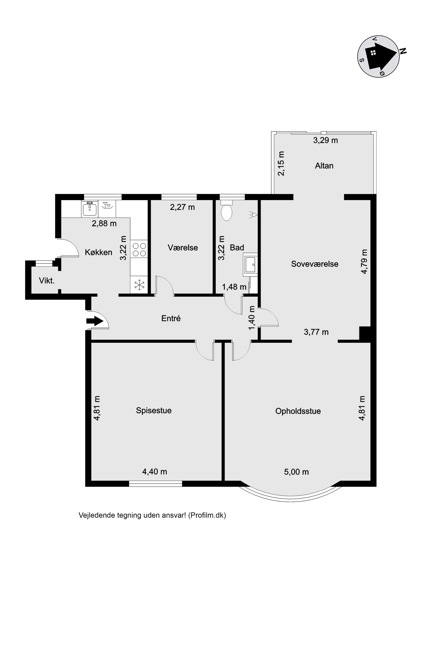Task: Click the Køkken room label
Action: click(99, 252)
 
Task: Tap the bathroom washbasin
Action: click(250, 264)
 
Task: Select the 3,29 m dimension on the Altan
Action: click(325, 140)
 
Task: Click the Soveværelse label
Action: click(315, 264)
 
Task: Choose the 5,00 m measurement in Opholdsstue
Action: click(296, 472)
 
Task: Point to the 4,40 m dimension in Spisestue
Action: click(154, 472)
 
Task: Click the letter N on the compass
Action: click(403, 51)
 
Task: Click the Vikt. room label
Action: click(47, 281)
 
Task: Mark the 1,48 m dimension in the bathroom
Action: click(234, 287)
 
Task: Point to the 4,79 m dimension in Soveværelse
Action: click(364, 261)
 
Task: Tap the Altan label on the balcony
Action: click(324, 166)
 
